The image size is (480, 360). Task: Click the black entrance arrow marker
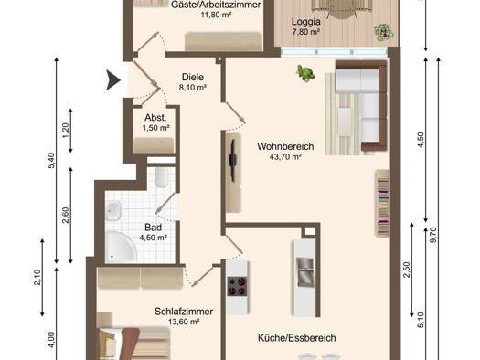112,80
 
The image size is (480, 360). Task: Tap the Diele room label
193,77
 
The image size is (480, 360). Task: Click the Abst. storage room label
155,118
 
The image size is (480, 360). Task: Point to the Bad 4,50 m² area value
153,238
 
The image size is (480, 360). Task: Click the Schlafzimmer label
184,312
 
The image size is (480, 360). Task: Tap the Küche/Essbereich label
296,338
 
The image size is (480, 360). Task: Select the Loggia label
305,22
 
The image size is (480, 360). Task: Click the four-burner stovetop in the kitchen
237,286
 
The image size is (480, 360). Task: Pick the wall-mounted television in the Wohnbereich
233,161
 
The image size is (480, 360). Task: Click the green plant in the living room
305,73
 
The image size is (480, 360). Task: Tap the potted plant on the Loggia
384,33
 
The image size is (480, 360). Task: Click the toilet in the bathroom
161,176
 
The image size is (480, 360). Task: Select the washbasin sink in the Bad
113,210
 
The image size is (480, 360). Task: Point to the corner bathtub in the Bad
121,247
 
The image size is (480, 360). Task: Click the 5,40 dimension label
51,160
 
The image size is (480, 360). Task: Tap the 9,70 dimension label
433,235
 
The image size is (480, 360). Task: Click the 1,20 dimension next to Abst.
66,131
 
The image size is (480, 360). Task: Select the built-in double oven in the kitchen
304,272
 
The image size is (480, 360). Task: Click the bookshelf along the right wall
382,204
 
